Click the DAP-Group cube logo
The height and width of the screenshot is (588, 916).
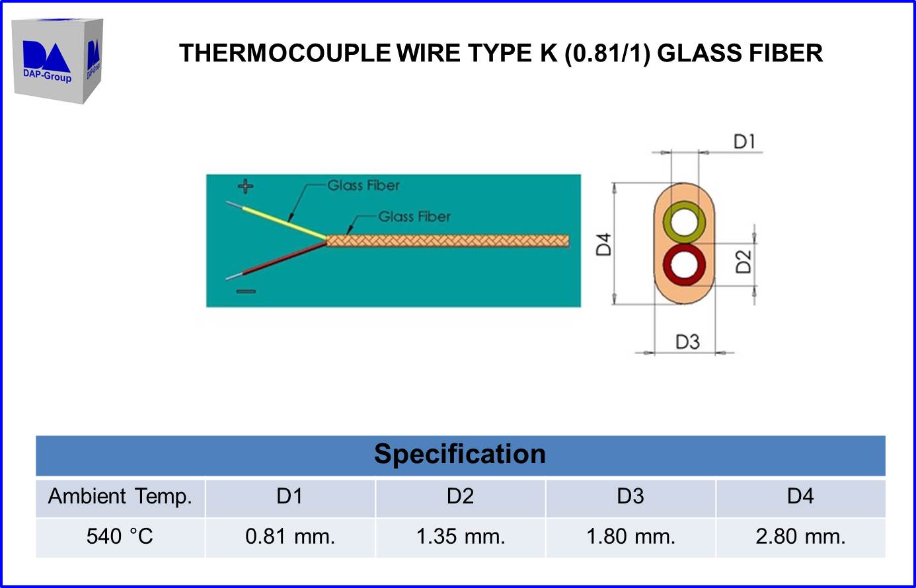[57, 61]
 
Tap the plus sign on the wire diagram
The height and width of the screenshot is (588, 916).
[246, 186]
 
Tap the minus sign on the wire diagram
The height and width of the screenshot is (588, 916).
[246, 291]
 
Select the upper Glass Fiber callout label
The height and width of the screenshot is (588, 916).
[363, 186]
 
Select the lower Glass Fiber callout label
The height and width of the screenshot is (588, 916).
[414, 217]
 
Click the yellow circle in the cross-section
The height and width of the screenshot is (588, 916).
[684, 223]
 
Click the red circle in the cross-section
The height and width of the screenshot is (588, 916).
[684, 264]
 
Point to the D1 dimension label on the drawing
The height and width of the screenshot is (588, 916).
[744, 141]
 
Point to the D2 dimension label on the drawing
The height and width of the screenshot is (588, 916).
[744, 262]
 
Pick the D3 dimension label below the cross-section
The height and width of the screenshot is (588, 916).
[687, 342]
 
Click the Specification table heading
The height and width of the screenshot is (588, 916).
[460, 455]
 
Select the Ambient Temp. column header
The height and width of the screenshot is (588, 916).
[120, 496]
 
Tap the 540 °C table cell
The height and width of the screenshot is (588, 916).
[120, 536]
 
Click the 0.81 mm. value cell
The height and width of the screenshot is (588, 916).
[290, 536]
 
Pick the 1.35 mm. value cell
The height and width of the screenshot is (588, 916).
[461, 536]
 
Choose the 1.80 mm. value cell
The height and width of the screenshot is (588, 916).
[630, 536]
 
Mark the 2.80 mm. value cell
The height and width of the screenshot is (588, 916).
[800, 536]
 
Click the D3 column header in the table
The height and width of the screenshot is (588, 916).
[630, 496]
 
